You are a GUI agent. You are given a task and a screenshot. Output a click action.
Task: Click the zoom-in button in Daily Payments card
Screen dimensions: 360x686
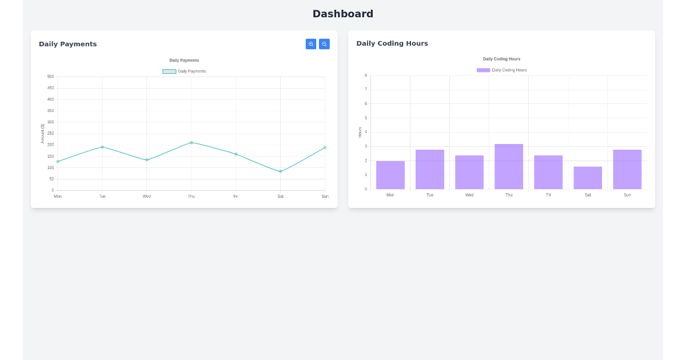311,44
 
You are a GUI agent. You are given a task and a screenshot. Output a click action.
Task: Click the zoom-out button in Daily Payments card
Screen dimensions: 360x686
324,44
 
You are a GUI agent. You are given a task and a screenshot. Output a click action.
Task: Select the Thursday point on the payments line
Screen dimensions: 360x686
192,142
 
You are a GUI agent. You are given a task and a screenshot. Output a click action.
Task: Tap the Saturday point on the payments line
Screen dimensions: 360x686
280,171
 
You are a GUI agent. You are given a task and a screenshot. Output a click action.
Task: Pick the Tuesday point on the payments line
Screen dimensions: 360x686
102,147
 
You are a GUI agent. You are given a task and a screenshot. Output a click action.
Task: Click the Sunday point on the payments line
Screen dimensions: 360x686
325,147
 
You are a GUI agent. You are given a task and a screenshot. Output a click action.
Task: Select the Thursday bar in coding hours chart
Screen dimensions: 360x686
509,167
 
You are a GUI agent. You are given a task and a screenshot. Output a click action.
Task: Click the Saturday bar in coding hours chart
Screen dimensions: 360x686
588,178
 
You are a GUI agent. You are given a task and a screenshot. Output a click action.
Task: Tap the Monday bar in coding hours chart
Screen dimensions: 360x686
390,175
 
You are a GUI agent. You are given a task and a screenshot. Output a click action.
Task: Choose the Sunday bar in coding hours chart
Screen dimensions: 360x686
627,170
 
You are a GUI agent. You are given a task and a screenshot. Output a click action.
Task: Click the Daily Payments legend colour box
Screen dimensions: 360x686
169,71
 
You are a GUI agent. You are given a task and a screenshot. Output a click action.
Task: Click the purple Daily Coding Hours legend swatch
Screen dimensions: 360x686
483,70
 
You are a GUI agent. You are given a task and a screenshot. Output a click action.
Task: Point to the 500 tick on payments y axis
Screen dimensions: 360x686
51,77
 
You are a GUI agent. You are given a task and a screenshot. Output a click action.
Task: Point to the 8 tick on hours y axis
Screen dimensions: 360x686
366,75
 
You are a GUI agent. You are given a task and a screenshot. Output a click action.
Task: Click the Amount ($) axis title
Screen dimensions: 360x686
42,134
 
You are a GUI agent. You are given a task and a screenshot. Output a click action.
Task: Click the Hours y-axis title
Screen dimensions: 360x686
360,132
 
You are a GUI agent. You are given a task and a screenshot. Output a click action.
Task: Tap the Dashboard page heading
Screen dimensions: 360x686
342,14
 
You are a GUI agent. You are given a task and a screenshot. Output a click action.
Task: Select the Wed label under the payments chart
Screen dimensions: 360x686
147,197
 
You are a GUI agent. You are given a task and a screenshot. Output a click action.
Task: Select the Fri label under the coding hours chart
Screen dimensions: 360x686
548,195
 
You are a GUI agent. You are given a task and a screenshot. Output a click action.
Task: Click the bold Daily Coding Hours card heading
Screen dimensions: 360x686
392,43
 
